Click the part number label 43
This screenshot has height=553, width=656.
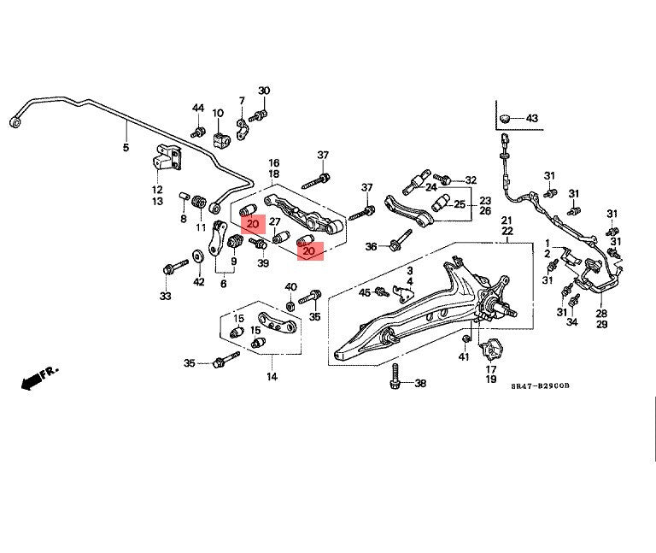531,119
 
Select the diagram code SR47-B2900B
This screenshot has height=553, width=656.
540,385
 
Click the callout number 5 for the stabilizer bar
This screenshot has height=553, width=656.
126,147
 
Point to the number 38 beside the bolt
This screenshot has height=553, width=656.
420,383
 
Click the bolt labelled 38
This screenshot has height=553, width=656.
395,376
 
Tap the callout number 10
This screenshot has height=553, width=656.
218,113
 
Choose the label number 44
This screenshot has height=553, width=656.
198,108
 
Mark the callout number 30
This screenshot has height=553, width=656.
264,91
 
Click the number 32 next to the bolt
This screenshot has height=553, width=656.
471,180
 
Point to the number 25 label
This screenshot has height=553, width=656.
460,204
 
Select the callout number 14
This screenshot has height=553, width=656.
272,377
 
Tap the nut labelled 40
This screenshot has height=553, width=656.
290,306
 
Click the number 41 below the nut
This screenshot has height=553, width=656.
464,356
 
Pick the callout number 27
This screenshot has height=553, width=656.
274,221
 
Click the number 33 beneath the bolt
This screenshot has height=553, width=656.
165,296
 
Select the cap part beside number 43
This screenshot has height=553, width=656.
506,118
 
